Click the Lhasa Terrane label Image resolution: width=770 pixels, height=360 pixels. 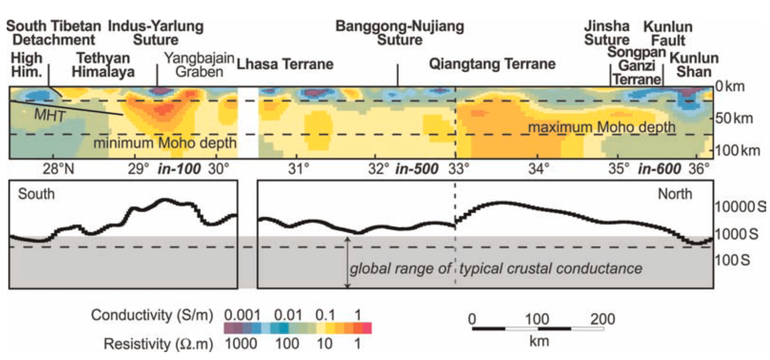coord(285,64)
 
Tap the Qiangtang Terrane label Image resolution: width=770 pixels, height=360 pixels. coord(492,64)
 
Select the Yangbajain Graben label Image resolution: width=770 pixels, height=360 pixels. coord(199,65)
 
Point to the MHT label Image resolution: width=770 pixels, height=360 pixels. coord(50,115)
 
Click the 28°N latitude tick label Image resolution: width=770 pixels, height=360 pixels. coord(59,169)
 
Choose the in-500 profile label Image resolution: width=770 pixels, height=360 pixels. coord(417,169)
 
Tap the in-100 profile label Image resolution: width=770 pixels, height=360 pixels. coord(179,169)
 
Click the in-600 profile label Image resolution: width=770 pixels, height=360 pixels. coord(659,169)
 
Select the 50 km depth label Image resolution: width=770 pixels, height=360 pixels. coord(734,118)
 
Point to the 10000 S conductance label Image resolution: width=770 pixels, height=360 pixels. coord(740,207)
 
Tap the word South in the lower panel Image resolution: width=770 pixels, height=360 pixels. coord(36,194)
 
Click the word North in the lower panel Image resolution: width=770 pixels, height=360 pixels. coord(675,194)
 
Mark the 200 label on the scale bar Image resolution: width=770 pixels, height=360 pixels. coord(602,319)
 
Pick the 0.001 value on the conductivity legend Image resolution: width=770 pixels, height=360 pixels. coord(243,315)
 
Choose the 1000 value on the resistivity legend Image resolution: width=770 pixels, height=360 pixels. coord(241,344)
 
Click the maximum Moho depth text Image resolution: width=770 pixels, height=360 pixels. coord(601,128)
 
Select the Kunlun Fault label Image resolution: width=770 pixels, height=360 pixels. coord(668,34)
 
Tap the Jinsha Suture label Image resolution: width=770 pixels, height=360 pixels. coord(607,33)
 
